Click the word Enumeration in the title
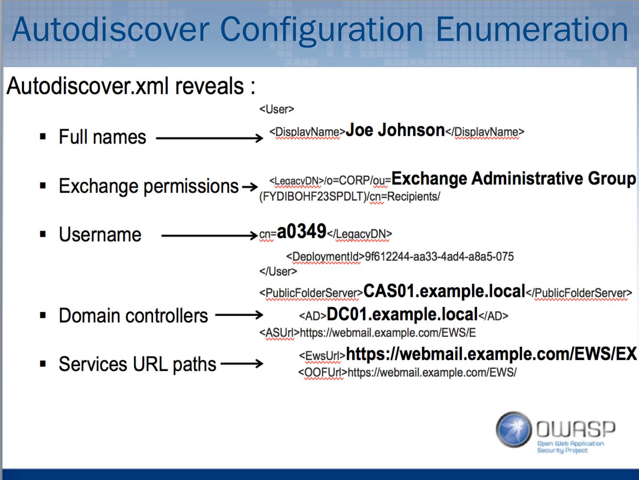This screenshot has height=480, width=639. tap(532, 29)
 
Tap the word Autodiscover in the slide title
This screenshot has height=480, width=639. tap(110, 29)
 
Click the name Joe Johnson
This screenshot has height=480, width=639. tap(395, 130)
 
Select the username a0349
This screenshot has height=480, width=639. tap(301, 232)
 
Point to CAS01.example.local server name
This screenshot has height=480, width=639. tap(444, 291)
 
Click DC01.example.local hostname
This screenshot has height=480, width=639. tap(402, 315)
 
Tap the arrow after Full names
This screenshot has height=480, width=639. tap(210, 138)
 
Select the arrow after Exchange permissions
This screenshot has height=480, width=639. tap(249, 187)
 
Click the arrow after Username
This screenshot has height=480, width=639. tap(209, 235)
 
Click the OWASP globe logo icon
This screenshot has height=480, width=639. tap(514, 429)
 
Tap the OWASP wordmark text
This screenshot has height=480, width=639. tap(576, 429)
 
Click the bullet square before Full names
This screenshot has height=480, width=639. tap(43, 137)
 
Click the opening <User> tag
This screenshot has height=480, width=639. tap(276, 109)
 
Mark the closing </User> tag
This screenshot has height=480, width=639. tap(278, 272)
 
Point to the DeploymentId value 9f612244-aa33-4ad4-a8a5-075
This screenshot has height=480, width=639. tap(439, 257)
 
